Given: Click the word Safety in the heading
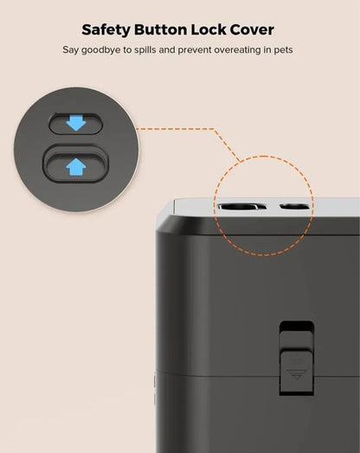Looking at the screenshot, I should tap(109, 29).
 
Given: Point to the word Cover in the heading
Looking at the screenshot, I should tap(258, 29).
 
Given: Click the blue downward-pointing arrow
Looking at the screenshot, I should tap(76, 124).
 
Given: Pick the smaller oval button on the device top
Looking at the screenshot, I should tap(292, 208).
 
